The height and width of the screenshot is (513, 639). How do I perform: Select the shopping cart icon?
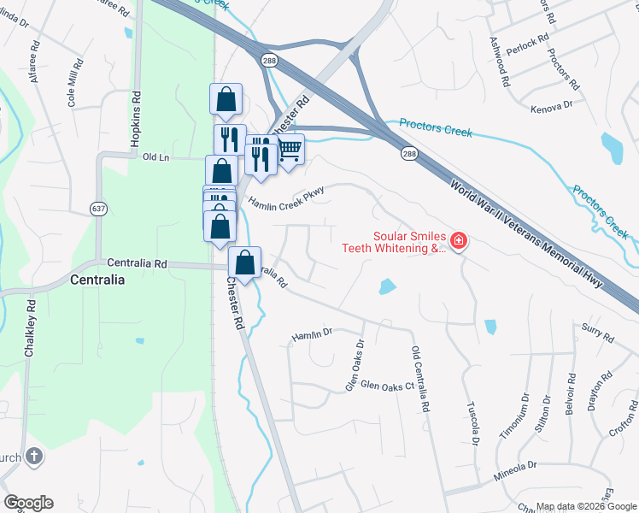pos(290,150)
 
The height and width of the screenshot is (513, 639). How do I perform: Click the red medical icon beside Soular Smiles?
pos(459,242)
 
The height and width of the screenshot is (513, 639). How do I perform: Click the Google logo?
pos(28,503)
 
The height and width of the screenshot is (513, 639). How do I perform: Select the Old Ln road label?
pos(157,157)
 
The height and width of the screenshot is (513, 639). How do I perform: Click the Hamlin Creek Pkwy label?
pos(287,196)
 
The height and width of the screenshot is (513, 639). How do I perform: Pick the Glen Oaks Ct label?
pos(387,386)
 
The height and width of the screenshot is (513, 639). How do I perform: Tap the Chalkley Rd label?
pos(30,327)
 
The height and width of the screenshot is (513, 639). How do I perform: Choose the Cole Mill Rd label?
pos(74,82)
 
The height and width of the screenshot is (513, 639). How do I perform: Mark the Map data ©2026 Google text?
pos(586,506)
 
